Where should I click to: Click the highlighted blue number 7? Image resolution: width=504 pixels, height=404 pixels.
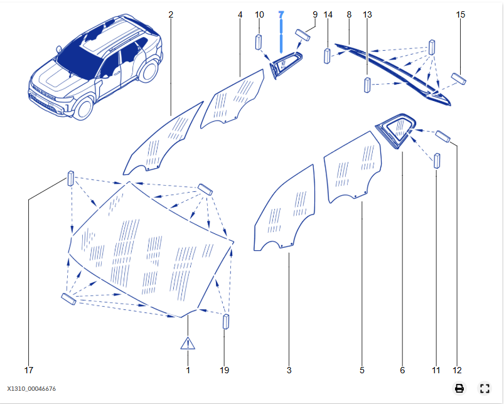tap(281, 14)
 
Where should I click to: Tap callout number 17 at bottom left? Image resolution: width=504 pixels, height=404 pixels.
tap(28, 370)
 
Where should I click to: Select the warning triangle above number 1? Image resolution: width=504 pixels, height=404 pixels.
tap(188, 343)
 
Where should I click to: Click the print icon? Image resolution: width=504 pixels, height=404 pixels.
tap(459, 388)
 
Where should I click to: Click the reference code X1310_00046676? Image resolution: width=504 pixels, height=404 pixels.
tap(36, 389)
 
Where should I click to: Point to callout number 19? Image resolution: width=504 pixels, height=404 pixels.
tap(225, 370)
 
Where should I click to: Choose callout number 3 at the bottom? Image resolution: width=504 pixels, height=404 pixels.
tap(289, 370)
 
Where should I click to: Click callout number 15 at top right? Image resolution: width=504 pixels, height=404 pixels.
tap(461, 14)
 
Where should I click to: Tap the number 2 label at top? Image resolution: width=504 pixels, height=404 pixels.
tap(171, 14)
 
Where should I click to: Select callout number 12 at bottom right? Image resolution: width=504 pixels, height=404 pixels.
tap(456, 370)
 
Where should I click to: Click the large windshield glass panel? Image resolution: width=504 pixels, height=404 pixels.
tap(151, 251)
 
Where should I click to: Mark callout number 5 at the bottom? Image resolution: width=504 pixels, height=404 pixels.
tap(362, 370)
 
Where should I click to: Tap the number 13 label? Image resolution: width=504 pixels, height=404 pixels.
tap(367, 14)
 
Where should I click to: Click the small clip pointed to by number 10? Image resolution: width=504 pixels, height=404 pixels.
tap(258, 43)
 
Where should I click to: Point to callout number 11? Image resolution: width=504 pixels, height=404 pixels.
tap(436, 370)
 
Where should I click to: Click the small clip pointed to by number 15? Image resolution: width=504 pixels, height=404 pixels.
tap(458, 78)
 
